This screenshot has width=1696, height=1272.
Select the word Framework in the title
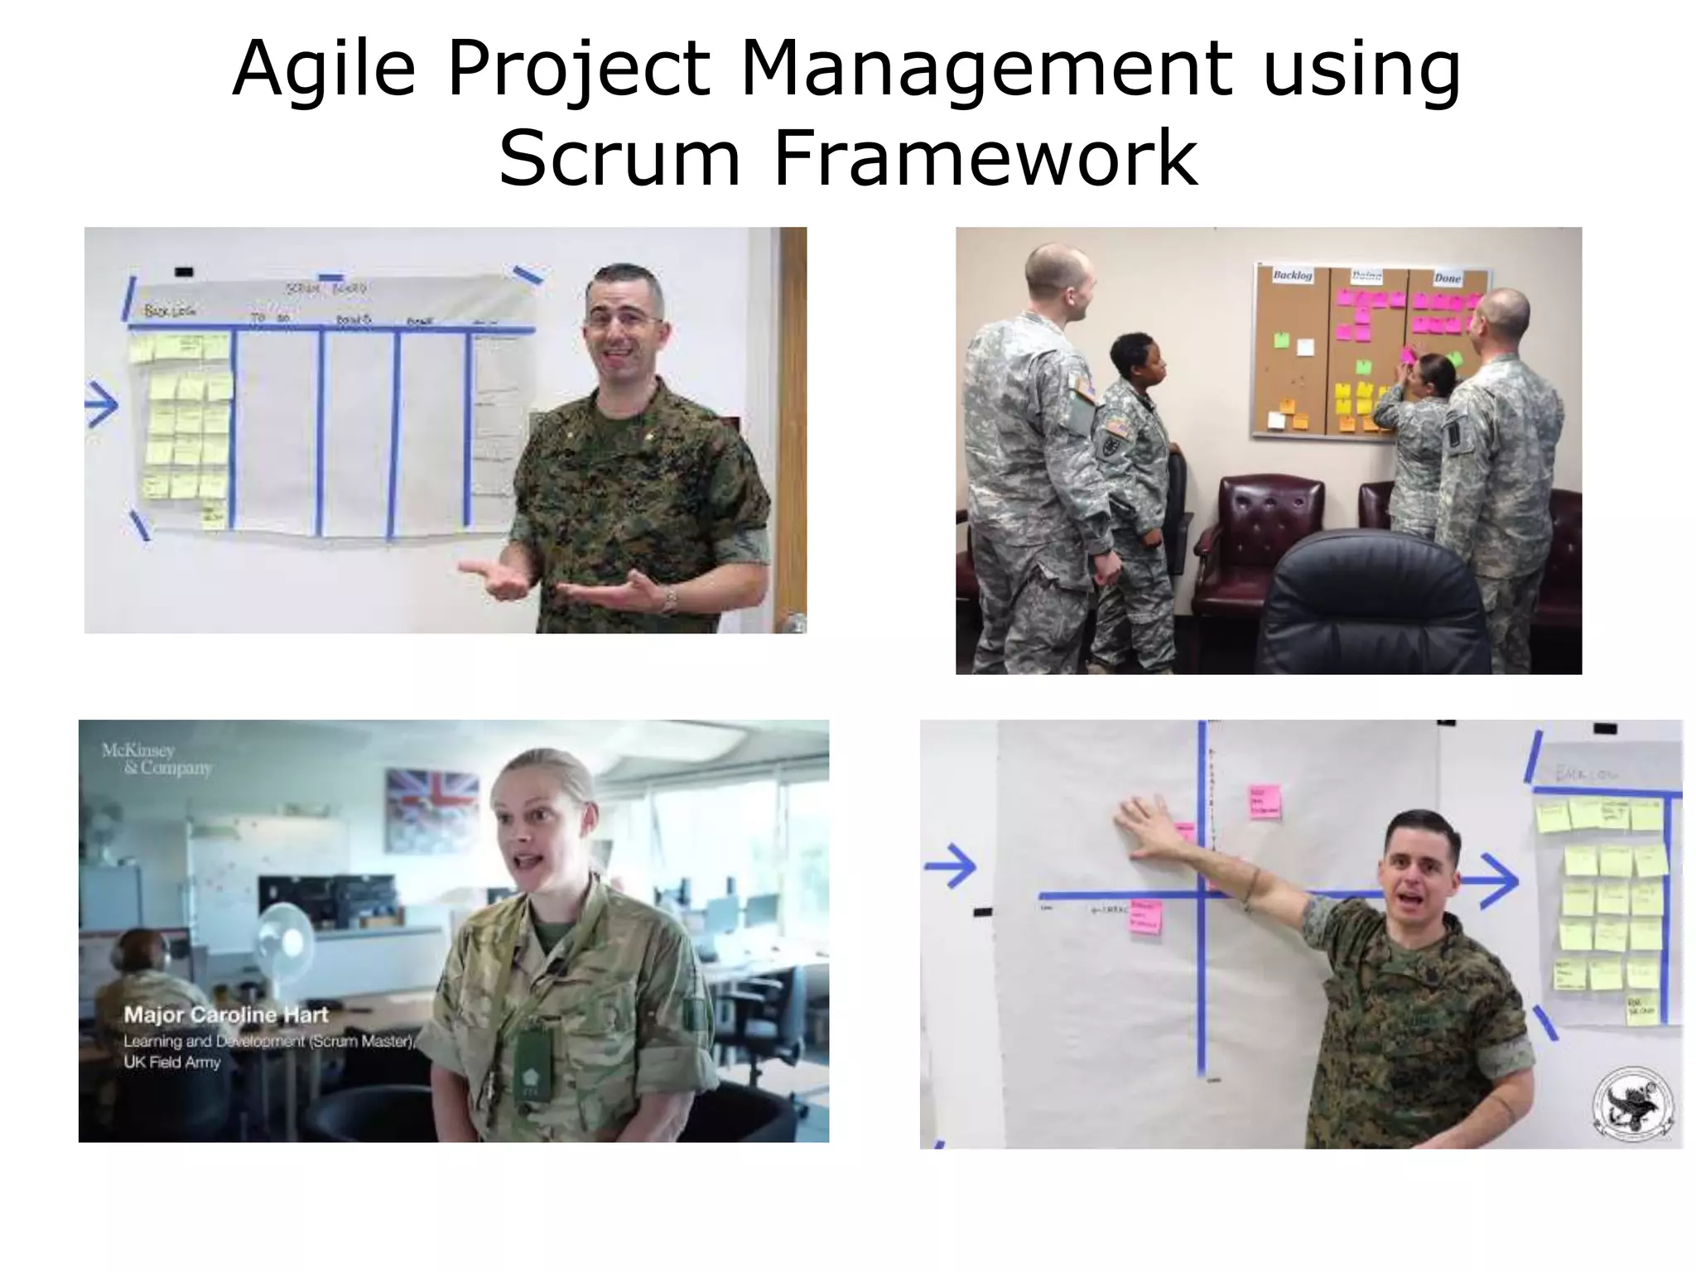985,157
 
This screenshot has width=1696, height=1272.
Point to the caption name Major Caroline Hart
226,1014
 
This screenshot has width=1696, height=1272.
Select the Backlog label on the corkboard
1292,275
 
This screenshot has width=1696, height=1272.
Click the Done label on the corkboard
1447,278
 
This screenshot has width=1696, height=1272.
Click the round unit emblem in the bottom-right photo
1632,1105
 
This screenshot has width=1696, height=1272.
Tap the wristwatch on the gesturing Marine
669,598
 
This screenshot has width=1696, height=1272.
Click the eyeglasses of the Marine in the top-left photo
623,319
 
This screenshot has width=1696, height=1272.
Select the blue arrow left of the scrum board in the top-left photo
102,406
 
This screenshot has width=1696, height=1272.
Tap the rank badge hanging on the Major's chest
532,1061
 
